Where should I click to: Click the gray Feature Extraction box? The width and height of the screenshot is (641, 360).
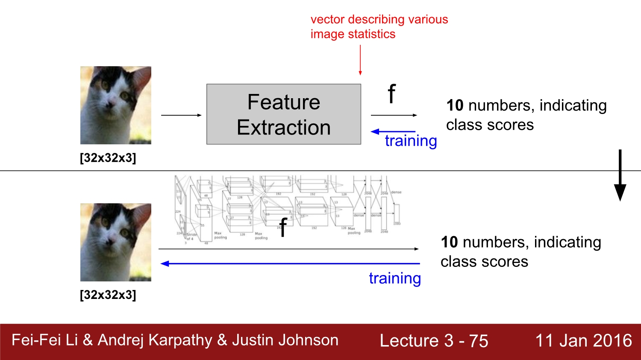click(x=284, y=114)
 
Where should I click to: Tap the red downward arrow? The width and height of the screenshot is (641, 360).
click(x=360, y=60)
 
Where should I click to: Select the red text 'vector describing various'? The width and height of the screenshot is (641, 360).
click(x=379, y=19)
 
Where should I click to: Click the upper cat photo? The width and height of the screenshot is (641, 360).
click(x=116, y=105)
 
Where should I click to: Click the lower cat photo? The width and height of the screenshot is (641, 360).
click(x=116, y=242)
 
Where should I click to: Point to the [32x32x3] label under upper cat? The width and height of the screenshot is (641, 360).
click(x=108, y=158)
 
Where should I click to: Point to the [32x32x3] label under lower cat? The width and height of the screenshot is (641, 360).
click(x=108, y=295)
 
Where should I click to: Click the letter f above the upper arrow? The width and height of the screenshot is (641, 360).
click(x=391, y=94)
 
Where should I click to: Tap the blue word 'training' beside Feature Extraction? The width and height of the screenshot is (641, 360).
click(x=411, y=141)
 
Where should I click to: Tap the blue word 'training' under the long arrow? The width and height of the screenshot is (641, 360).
click(x=395, y=278)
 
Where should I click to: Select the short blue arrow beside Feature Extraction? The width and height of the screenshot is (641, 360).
click(x=393, y=132)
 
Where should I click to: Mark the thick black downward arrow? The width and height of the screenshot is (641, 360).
click(x=620, y=175)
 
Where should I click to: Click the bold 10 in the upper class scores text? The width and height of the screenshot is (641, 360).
click(x=455, y=105)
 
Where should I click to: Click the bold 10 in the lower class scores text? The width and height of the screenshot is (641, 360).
click(x=449, y=242)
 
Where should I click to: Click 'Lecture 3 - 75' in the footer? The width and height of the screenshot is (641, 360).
click(x=434, y=341)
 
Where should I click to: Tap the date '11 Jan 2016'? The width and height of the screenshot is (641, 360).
click(x=583, y=341)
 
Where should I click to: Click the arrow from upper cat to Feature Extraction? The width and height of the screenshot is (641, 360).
click(x=181, y=115)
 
